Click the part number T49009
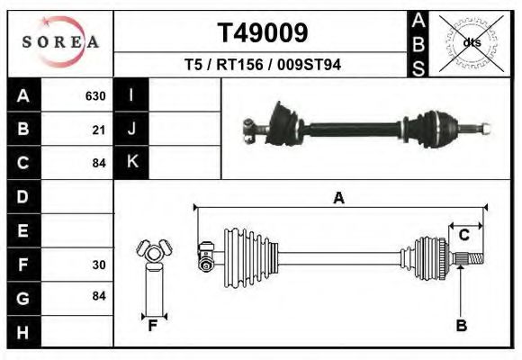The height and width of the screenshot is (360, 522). [262, 33]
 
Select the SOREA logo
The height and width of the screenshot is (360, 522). [59, 42]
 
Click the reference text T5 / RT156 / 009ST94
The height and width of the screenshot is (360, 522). [262, 66]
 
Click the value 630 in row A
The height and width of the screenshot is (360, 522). [95, 95]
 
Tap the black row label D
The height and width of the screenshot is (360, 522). [23, 196]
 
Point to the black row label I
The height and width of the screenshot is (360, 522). [131, 95]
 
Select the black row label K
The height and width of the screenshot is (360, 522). [131, 163]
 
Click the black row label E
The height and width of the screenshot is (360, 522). [23, 230]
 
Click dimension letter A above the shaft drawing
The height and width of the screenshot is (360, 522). [338, 199]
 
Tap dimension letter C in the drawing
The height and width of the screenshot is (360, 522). [463, 236]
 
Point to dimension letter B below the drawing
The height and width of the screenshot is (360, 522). [461, 326]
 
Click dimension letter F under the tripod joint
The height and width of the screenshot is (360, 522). [153, 326]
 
